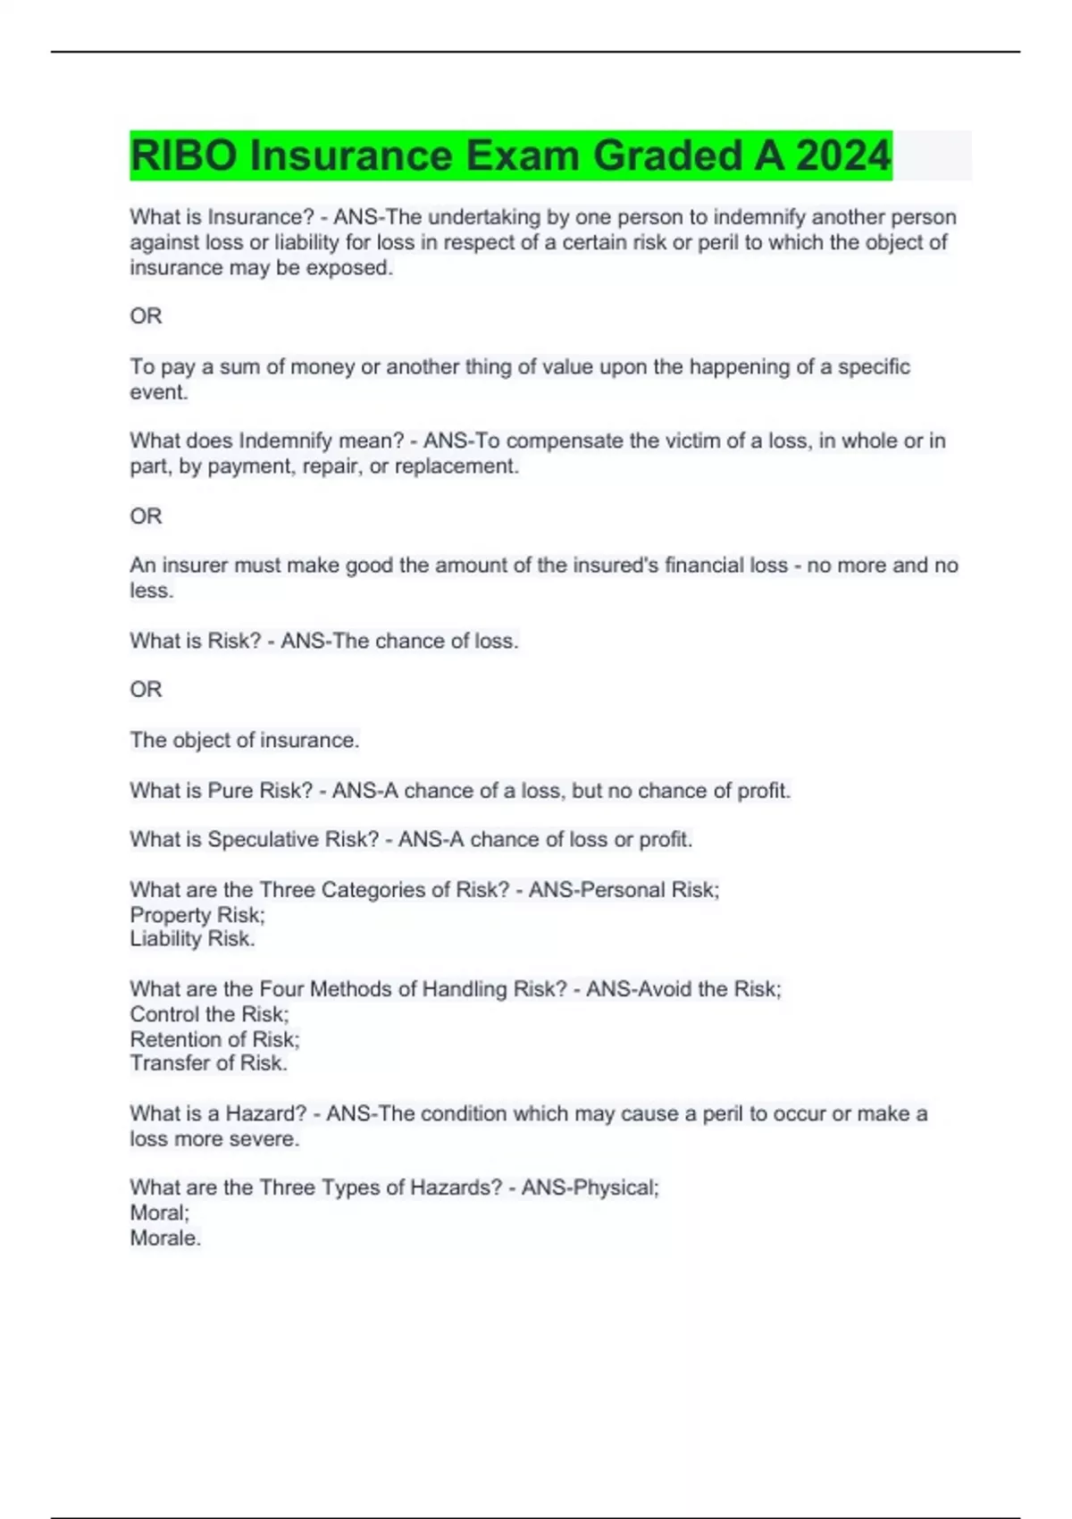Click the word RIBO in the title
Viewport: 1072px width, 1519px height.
pos(183,155)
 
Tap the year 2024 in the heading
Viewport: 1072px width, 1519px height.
pos(843,155)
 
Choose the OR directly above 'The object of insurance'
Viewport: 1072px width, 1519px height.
pos(146,690)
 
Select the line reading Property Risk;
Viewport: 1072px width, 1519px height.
pos(197,915)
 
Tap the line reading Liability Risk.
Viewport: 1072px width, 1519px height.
pos(192,939)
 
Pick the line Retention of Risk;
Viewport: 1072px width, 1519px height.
pos(214,1039)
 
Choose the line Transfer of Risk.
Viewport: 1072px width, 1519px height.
pos(208,1063)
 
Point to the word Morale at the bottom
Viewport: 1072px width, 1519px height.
pos(164,1238)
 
